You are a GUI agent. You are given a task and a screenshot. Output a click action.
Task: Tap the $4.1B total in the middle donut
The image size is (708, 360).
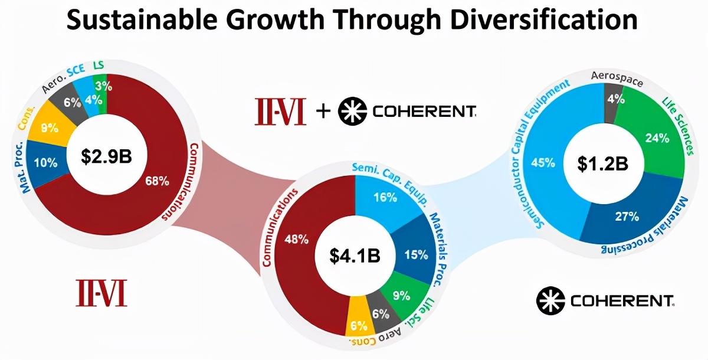(x=354, y=256)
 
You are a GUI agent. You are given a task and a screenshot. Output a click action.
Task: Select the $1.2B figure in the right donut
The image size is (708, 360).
(x=603, y=163)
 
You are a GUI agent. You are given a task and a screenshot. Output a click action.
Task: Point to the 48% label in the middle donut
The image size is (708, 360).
(x=296, y=239)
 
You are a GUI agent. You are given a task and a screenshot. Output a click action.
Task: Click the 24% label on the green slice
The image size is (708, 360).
(x=657, y=139)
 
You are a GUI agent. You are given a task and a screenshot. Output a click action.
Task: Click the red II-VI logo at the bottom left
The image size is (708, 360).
(x=101, y=293)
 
